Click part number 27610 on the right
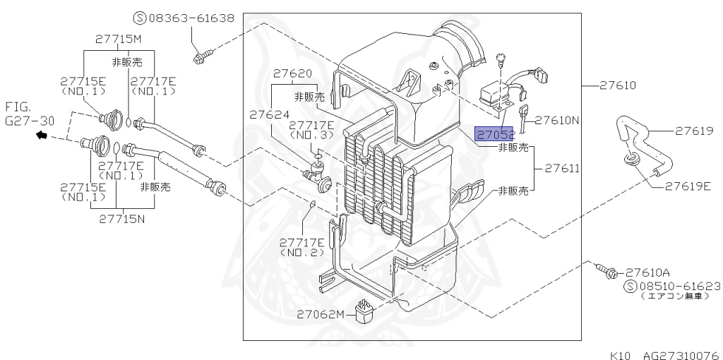click(x=618, y=85)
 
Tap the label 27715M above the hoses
click(x=119, y=39)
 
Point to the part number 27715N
click(x=121, y=219)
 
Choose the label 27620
click(x=292, y=73)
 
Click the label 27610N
click(x=556, y=120)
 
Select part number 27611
click(x=561, y=169)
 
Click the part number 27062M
click(x=320, y=314)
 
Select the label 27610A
click(x=647, y=272)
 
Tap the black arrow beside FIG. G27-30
click(x=42, y=135)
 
